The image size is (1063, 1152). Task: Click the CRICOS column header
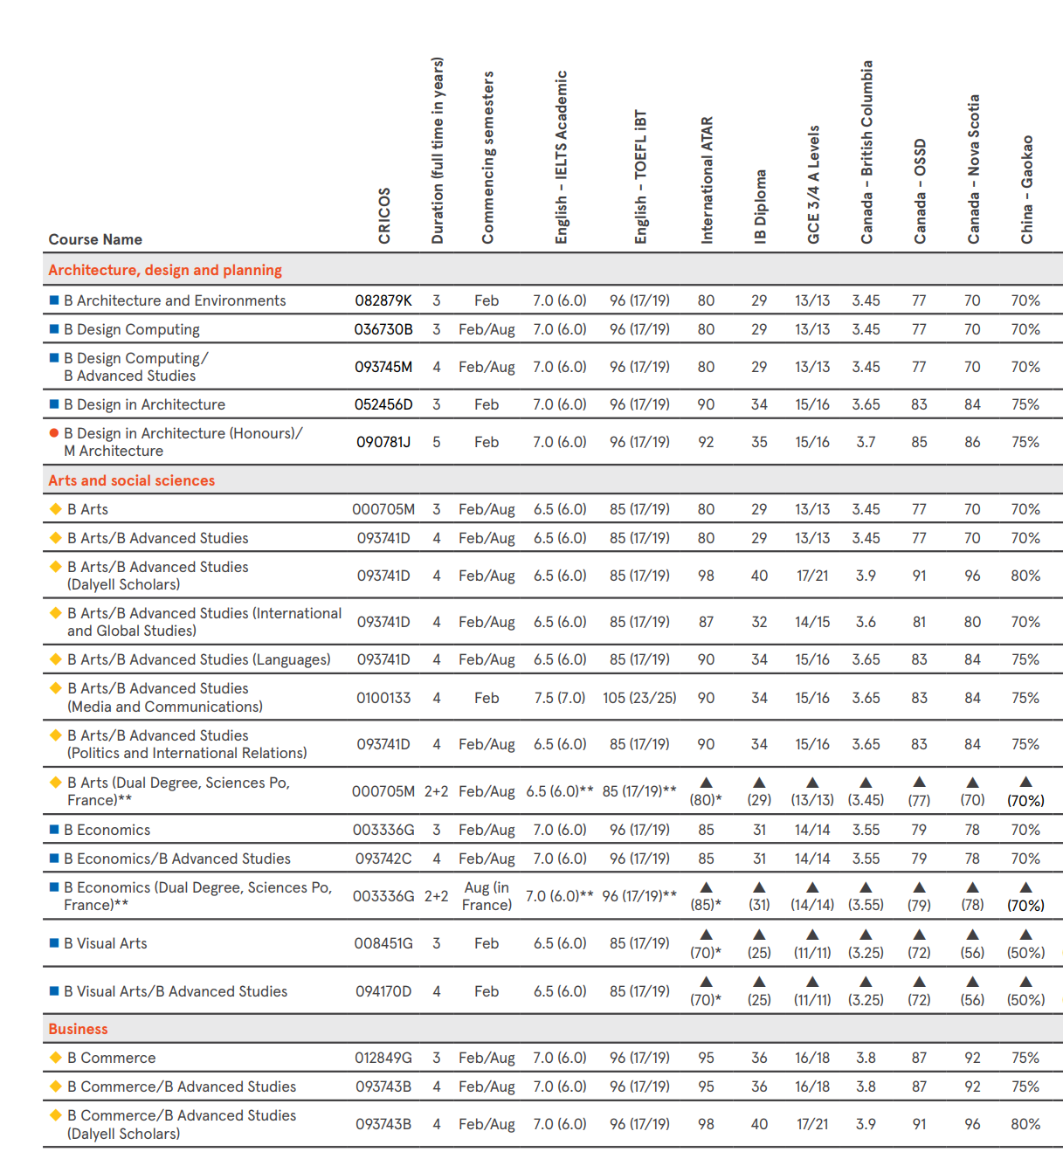point(384,216)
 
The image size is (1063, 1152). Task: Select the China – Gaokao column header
point(1027,190)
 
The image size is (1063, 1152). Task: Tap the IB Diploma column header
point(760,207)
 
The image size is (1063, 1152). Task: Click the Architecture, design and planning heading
point(165,270)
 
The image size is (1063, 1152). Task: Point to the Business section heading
point(79,1029)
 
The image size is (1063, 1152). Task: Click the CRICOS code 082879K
point(383,300)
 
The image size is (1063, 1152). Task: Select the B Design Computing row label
point(131,329)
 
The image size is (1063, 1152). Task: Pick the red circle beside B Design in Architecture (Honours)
point(54,433)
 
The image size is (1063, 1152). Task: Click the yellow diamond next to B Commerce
point(56,1058)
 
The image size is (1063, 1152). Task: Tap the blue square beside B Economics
point(54,830)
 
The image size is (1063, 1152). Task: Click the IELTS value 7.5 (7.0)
point(560,698)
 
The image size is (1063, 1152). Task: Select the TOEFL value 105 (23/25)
point(639,698)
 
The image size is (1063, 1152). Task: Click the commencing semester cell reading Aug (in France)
point(487,896)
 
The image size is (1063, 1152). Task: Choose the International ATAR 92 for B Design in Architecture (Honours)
point(706,442)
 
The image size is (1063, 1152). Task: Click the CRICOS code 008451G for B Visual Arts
point(383,943)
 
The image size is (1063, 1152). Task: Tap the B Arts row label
point(87,509)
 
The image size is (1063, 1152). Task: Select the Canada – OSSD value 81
point(919,622)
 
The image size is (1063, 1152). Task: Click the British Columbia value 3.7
point(866,442)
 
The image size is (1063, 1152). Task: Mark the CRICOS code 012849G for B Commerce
point(383,1058)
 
